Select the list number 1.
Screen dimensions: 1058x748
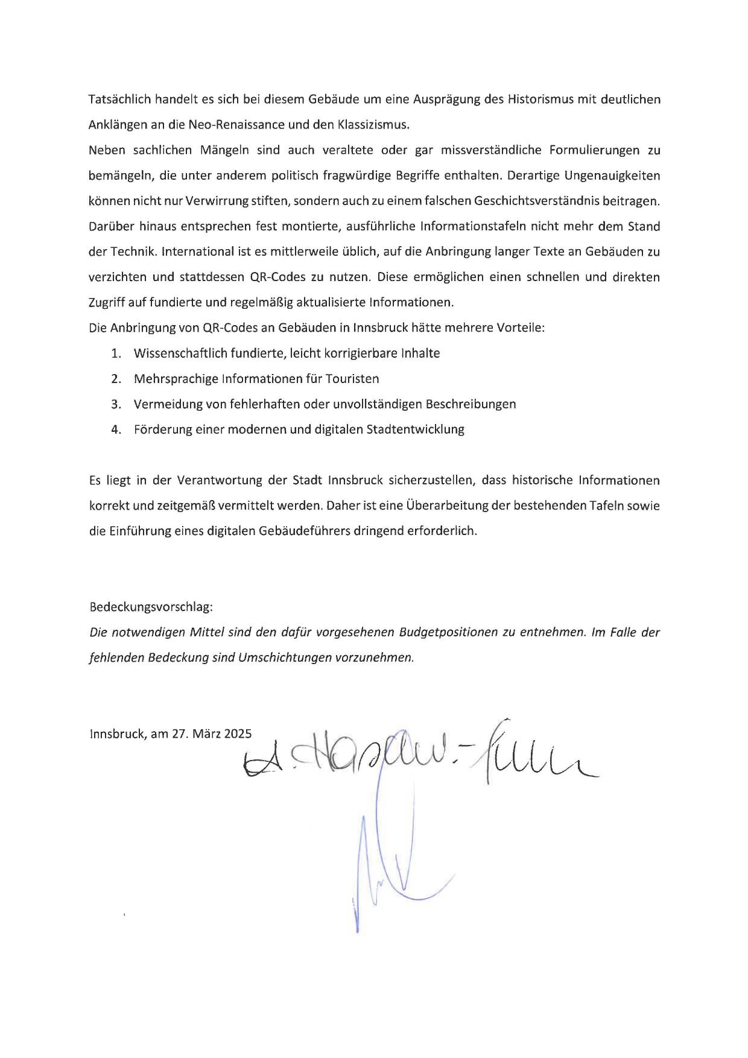click(x=116, y=353)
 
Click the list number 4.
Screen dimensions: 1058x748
click(x=116, y=429)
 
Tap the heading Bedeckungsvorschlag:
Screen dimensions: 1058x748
click(x=151, y=607)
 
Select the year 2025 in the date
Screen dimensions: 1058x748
click(x=238, y=734)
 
